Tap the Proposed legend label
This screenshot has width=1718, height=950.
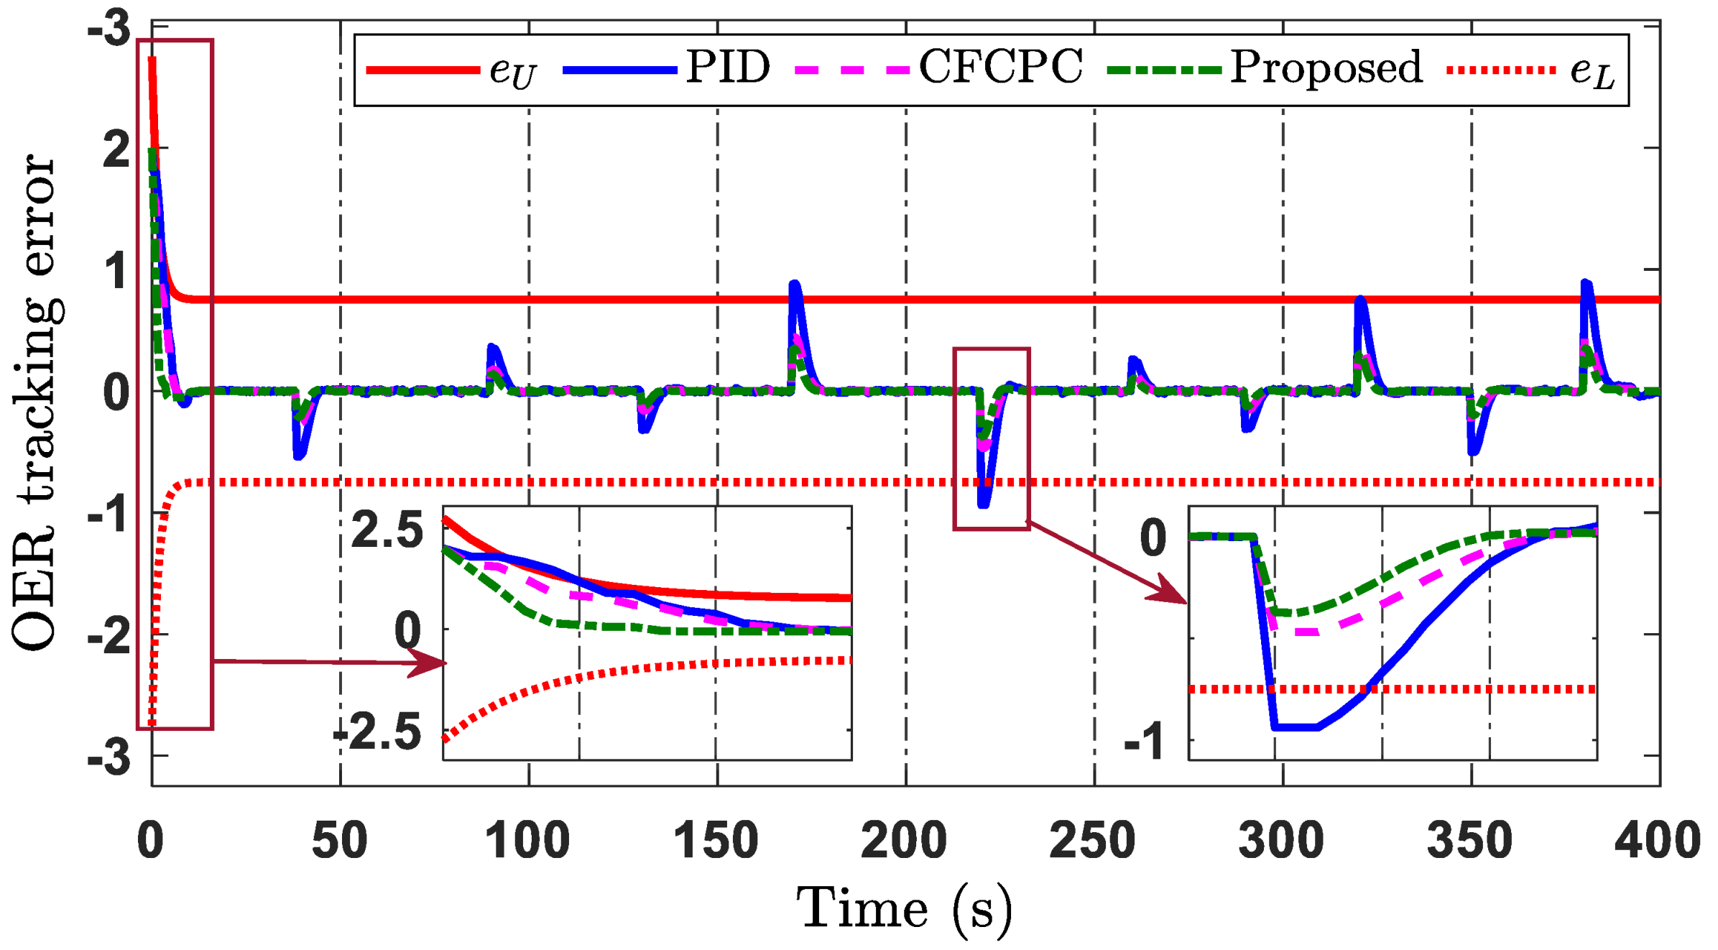[1326, 68]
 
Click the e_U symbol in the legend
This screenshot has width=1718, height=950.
[512, 72]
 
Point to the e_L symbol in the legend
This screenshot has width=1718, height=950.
[1592, 72]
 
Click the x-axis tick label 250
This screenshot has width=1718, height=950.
[1092, 839]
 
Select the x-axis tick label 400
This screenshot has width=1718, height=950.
[1657, 839]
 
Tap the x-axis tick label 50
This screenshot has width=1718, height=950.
[339, 839]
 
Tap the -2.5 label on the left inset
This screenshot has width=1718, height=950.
[379, 733]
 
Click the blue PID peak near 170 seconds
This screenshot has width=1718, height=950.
[794, 285]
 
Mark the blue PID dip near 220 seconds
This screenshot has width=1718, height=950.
[984, 504]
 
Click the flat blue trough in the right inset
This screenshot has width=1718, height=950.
[1296, 728]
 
